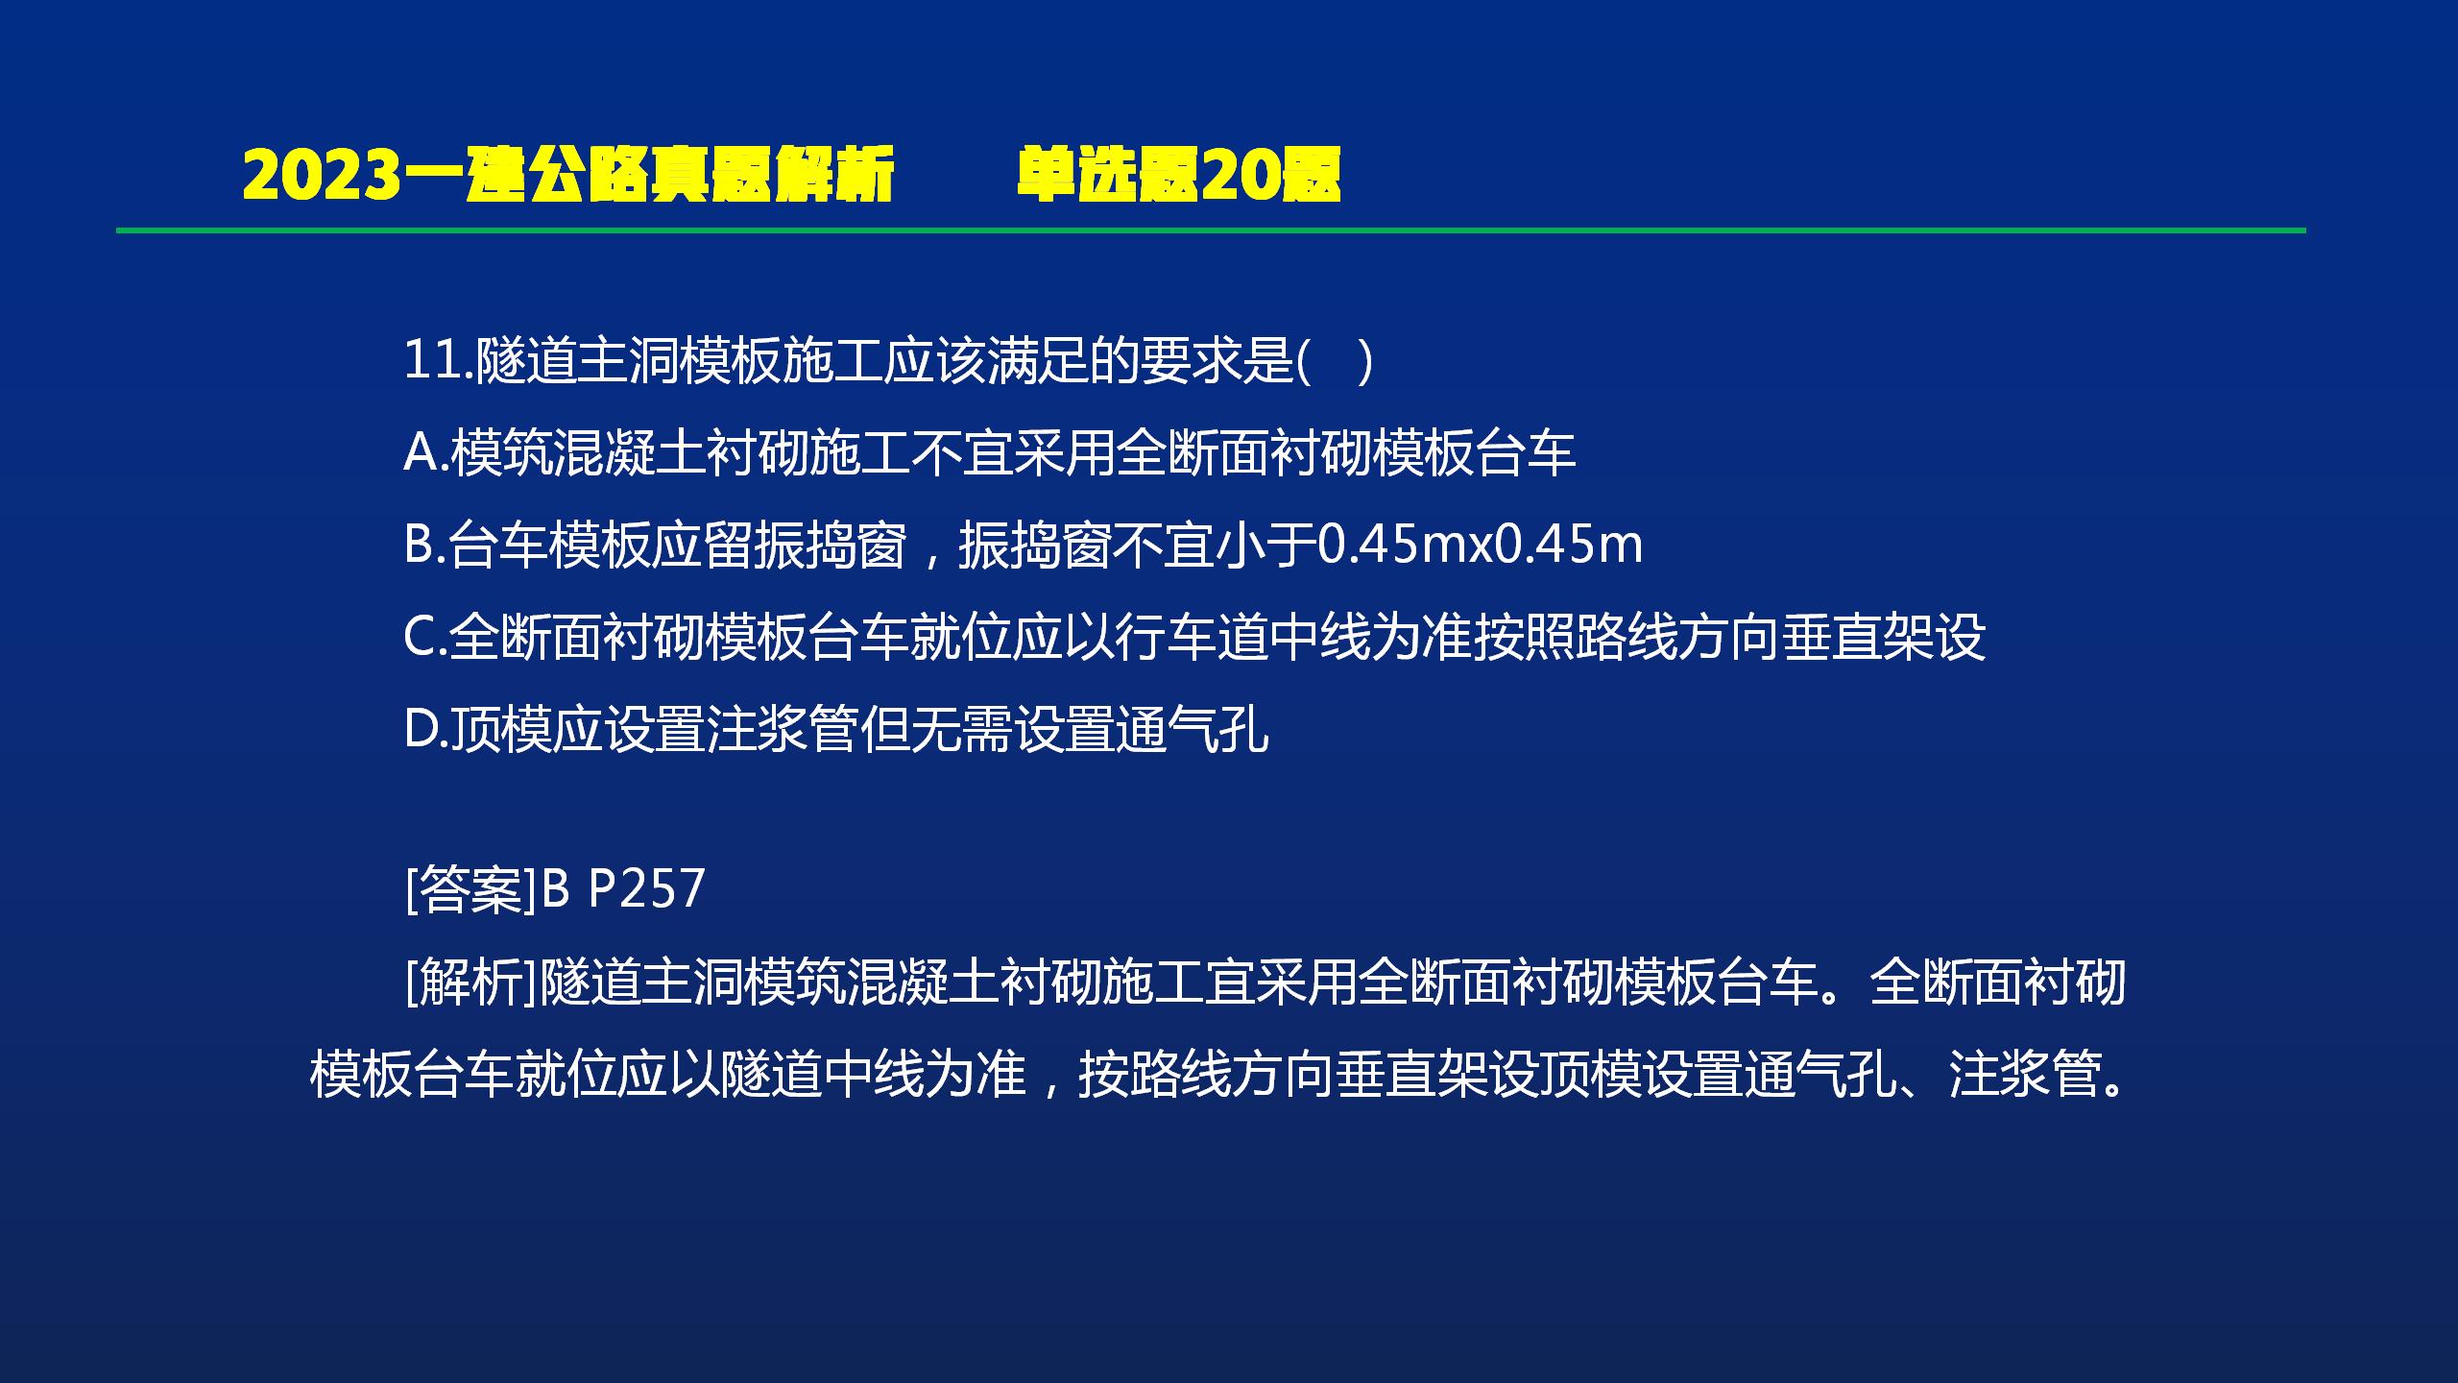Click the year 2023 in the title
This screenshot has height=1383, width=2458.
pyautogui.click(x=320, y=176)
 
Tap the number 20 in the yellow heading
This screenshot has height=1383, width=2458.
pyautogui.click(x=1239, y=176)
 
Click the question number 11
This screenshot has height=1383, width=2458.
pyautogui.click(x=432, y=361)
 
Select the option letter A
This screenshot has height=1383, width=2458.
pyautogui.click(x=421, y=452)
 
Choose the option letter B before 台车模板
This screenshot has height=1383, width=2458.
pyautogui.click(x=420, y=545)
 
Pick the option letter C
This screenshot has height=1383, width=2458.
pyautogui.click(x=421, y=637)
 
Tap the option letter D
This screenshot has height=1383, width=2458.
pyautogui.click(x=421, y=729)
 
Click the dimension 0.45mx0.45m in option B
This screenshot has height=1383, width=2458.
pyautogui.click(x=1479, y=545)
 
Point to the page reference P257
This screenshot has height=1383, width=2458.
pyautogui.click(x=646, y=888)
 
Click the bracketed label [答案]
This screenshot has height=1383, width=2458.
pyautogui.click(x=470, y=888)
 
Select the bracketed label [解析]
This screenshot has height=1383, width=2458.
pyautogui.click(x=470, y=982)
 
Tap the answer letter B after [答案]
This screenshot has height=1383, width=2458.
pyautogui.click(x=556, y=888)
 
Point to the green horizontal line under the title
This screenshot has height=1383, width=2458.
pyautogui.click(x=1211, y=230)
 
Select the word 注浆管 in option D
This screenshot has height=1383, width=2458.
pyautogui.click(x=782, y=729)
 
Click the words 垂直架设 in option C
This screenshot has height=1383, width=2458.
pyautogui.click(x=1883, y=637)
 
